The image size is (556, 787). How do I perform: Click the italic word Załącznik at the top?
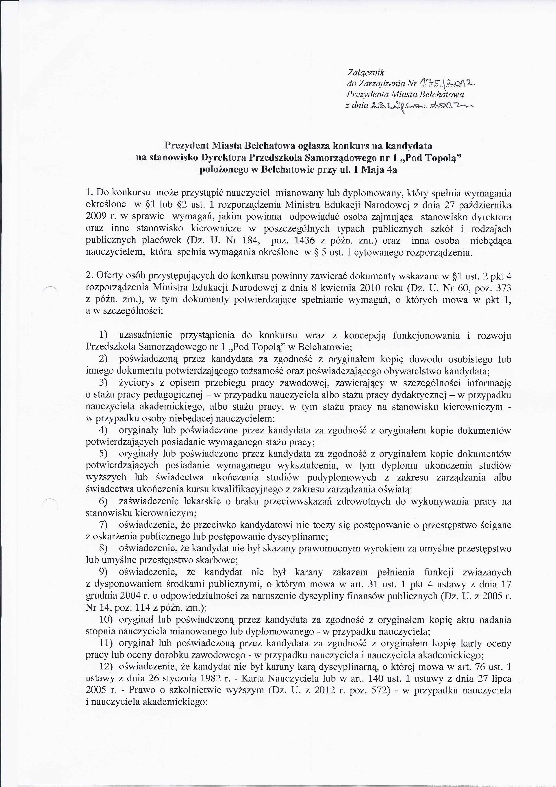[365, 73]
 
